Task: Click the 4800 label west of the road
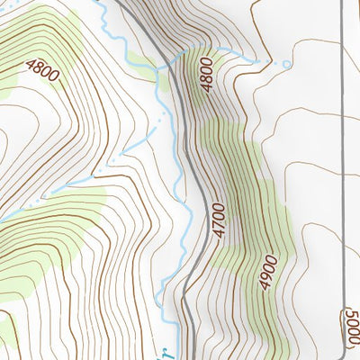coord(42,70)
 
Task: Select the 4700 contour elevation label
coord(219,220)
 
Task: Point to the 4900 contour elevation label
coord(267,271)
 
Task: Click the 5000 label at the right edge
coord(350,326)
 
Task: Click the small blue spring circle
coord(287,65)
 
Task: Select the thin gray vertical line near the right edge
coord(345,135)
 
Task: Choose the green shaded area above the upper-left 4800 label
coord(45,36)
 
